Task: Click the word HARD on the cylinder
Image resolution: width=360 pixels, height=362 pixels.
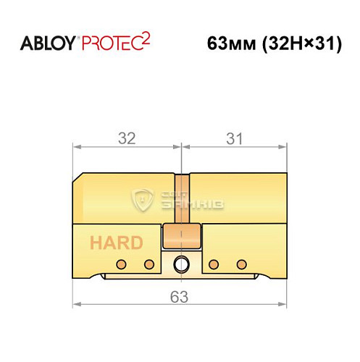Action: [116, 243]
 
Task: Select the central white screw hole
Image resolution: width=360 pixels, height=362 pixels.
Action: [180, 264]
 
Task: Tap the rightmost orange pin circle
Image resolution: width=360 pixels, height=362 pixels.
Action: [239, 263]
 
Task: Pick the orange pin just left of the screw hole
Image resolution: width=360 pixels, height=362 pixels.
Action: [150, 263]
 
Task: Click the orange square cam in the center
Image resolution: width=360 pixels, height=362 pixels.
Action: [180, 237]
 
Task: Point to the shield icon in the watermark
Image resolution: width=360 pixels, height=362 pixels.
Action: [142, 199]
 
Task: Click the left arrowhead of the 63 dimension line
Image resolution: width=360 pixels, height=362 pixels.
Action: [78, 304]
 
